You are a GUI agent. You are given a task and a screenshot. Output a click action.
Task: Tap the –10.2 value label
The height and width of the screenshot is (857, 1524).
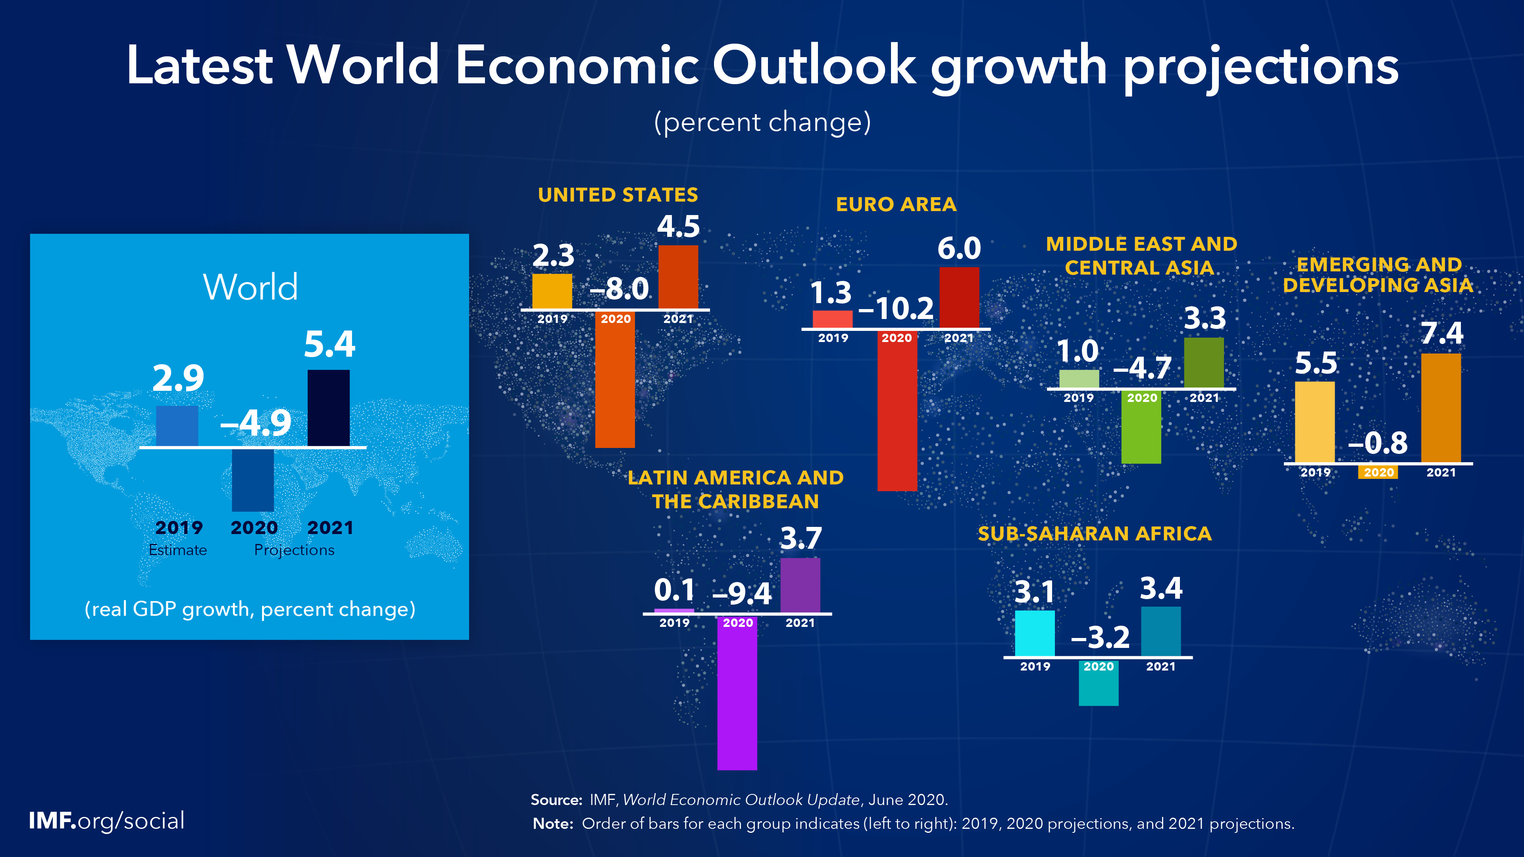[x=896, y=308]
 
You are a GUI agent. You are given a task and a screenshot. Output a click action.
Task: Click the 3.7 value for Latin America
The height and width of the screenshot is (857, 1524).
[x=800, y=538]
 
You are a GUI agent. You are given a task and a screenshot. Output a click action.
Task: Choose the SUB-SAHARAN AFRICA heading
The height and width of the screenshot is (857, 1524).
[x=1095, y=534]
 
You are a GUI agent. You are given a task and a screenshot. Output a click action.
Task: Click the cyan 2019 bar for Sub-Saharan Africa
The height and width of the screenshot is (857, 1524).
[x=1034, y=633]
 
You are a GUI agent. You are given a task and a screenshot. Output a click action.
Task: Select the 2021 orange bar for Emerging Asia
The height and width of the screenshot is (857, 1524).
[x=1441, y=408]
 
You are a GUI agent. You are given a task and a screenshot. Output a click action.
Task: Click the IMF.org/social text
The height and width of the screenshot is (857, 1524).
[x=106, y=821]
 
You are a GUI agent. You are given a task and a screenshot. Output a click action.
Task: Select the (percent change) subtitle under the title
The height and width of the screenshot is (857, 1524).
[x=762, y=123]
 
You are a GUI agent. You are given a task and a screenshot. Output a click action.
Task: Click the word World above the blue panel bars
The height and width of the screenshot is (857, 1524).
[x=250, y=287]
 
